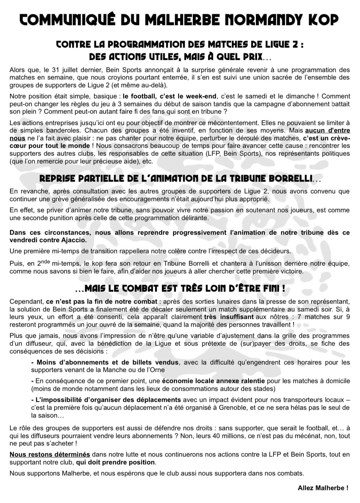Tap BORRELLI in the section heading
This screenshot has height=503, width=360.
(x=288, y=178)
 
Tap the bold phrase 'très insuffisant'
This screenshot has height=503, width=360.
(x=229, y=317)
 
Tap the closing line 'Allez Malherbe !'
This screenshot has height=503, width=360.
(x=323, y=488)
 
